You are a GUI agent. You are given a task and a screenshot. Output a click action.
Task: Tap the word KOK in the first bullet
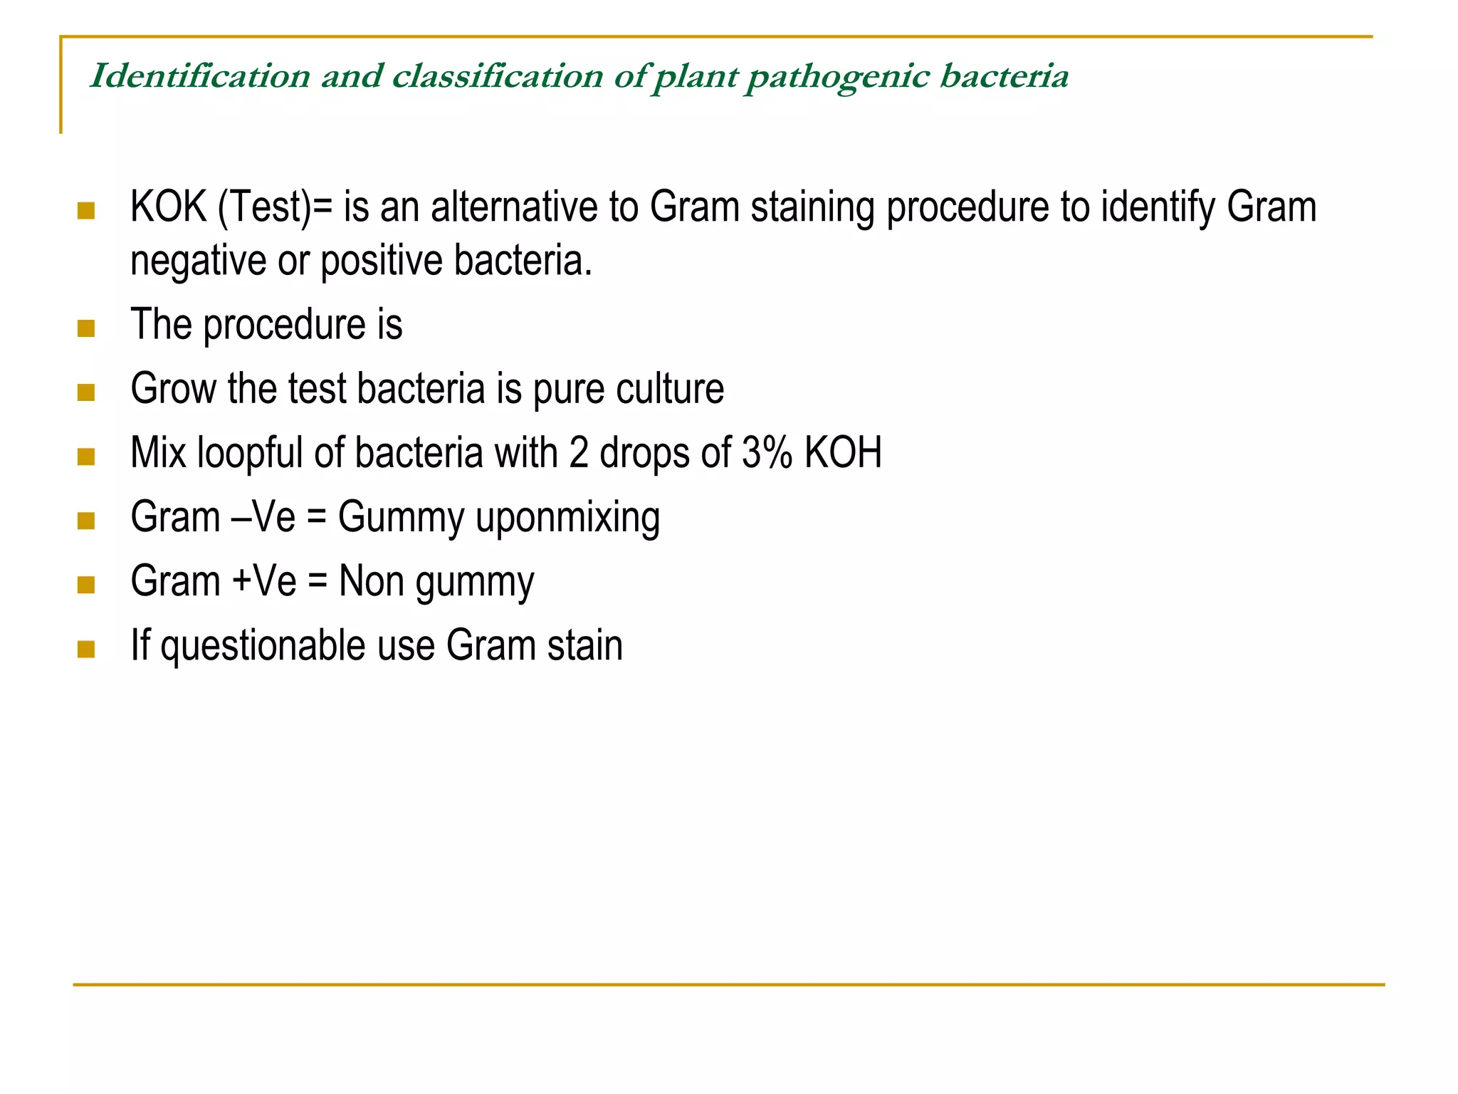168,207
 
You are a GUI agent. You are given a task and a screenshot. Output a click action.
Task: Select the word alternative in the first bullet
514,207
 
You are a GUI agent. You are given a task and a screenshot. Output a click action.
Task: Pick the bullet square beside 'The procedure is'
86,328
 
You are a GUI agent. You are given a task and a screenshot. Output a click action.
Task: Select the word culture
670,389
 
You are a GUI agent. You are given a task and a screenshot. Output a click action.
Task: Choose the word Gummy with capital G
401,518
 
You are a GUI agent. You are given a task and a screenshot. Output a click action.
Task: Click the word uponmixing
567,518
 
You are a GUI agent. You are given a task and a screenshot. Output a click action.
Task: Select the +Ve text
264,581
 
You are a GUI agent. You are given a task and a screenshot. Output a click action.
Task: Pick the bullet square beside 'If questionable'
86,649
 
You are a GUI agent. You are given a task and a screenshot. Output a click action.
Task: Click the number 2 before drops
579,453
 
